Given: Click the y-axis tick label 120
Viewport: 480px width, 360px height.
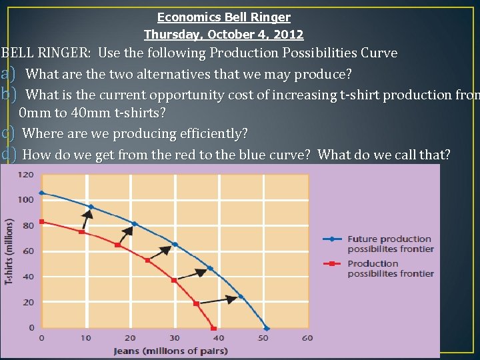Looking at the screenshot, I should point(25,175).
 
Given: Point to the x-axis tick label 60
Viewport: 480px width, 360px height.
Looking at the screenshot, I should point(307,338).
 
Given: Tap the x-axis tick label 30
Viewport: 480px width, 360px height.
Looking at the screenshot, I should point(175,338).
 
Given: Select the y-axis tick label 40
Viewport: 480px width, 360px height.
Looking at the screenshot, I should point(28,277).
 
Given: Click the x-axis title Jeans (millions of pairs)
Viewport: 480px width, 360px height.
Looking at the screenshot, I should point(171,351).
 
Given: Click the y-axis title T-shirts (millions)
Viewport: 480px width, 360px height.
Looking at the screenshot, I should point(9,252).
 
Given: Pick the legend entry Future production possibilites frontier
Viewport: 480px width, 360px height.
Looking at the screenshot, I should point(390,243).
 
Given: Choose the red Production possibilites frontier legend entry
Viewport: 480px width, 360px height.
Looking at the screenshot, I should point(390,268).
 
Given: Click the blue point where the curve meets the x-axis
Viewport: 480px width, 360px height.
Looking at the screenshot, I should point(267,328).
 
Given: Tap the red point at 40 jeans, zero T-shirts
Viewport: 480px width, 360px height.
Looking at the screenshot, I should point(214,328).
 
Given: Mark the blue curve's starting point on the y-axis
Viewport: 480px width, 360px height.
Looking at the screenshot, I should point(41,193).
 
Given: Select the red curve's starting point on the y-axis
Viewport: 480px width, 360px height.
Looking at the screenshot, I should point(41,221).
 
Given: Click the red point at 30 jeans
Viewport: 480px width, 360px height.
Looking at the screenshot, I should point(174,280).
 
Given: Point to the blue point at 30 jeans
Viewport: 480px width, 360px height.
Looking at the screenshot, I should point(175,245).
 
